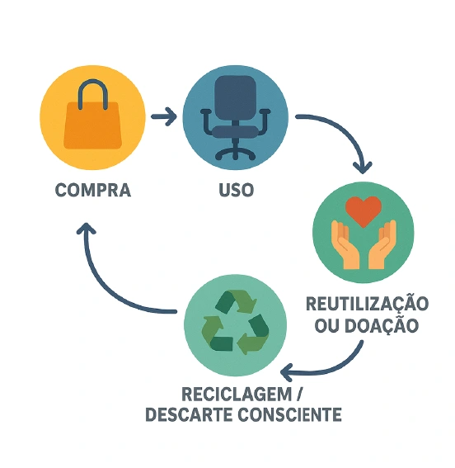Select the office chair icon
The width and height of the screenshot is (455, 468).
236,117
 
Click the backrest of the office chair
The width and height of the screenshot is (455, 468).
236,97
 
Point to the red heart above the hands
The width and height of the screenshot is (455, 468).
364,210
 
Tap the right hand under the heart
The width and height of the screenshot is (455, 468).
382,245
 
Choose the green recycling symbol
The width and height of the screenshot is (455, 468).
236,322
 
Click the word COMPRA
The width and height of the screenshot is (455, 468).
93,190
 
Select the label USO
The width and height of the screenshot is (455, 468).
237,190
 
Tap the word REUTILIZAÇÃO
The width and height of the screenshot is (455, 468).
367,303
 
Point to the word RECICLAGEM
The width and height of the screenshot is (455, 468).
237,394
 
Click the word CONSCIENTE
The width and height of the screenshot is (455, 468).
289,414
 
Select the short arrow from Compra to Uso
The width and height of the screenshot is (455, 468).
164,116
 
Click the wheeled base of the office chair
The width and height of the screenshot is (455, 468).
236,151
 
